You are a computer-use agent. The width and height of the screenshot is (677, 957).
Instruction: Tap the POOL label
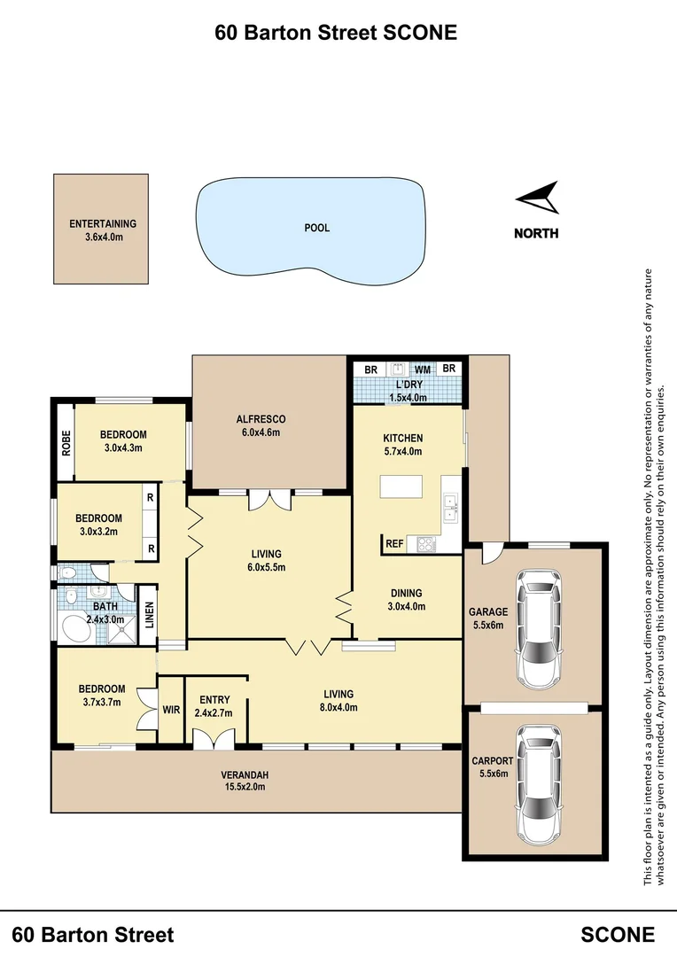pos(316,228)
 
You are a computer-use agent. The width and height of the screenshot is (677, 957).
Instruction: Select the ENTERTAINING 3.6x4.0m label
pos(103,230)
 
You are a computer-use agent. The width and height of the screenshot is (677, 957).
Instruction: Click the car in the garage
pos(538,630)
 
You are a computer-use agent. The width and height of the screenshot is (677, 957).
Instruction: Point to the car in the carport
pos(538,785)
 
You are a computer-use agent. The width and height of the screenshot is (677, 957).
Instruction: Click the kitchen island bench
pos(404,487)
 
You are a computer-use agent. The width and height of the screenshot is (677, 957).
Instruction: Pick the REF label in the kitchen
pos(394,542)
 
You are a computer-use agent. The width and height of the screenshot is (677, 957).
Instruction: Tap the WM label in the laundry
pos(423,369)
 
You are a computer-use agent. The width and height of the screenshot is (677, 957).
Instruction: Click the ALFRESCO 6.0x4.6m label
pos(261,425)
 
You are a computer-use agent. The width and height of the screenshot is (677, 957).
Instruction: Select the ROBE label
pos(66,442)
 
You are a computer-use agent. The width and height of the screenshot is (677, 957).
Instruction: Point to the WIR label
pos(171,710)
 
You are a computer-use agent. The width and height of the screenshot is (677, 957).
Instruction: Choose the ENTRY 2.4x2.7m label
pos(215,705)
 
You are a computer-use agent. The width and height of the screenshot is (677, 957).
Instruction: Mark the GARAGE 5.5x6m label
pos(488,618)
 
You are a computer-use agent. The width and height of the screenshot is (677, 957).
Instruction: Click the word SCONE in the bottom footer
pos(618,934)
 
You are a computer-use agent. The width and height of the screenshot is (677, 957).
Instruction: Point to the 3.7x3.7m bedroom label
pos(102,695)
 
